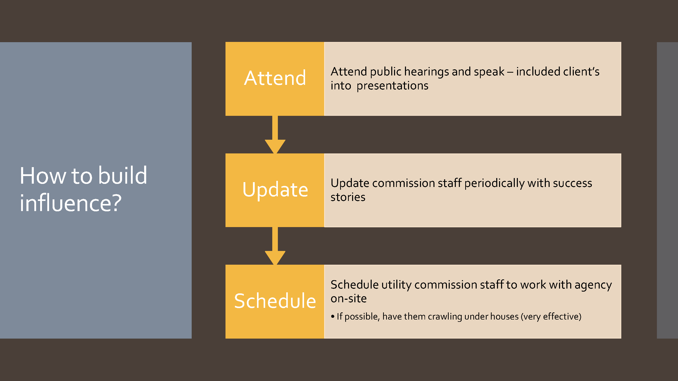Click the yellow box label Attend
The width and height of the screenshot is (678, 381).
pyautogui.click(x=275, y=78)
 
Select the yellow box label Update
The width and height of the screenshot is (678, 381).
pyautogui.click(x=275, y=190)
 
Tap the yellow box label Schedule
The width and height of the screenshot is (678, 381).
pyautogui.click(x=275, y=301)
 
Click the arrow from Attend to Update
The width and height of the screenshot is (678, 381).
pyautogui.click(x=275, y=135)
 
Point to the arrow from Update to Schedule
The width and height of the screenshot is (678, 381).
pyautogui.click(x=275, y=246)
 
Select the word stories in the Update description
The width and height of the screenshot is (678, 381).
pyautogui.click(x=348, y=197)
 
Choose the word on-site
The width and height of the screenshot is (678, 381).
pyautogui.click(x=349, y=299)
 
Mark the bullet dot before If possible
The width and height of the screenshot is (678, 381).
pyautogui.click(x=333, y=316)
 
